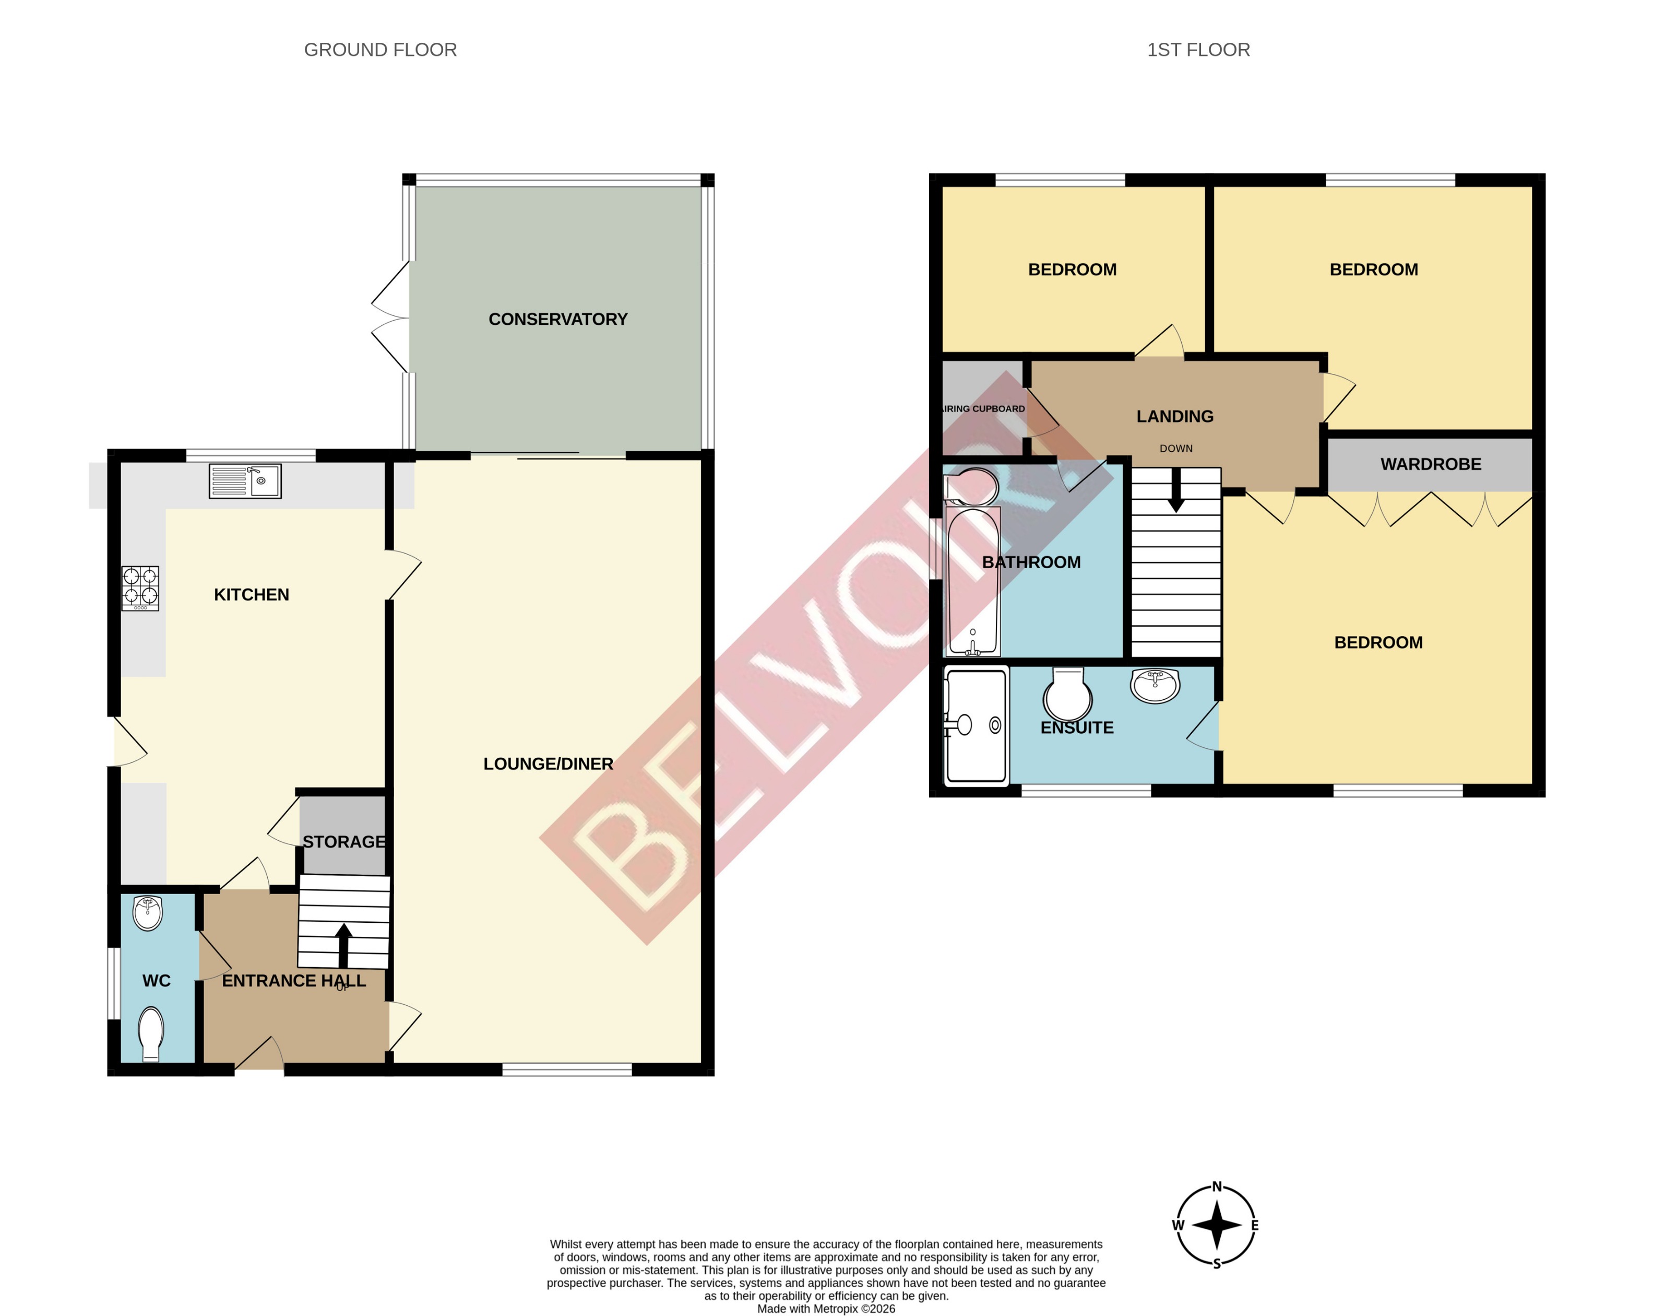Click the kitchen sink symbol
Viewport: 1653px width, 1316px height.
(245, 481)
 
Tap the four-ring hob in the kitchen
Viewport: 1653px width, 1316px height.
(140, 588)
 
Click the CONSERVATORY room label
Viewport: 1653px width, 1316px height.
(557, 319)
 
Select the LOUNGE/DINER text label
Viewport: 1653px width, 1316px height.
(548, 764)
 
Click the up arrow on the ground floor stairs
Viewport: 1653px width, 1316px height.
(343, 943)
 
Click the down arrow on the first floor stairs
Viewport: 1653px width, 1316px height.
(1175, 491)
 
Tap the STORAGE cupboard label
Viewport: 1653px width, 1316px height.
(343, 842)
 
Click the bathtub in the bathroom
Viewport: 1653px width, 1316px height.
(973, 583)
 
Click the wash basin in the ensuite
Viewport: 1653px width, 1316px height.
(1155, 684)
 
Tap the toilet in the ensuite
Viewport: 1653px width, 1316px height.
(1068, 694)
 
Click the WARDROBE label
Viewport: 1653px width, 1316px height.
(1431, 464)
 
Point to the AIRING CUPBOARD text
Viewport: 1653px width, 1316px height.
(983, 409)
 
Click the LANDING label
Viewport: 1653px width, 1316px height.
(1174, 416)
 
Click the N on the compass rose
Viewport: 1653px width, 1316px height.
(1217, 1186)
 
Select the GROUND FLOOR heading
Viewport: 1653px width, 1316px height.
(380, 50)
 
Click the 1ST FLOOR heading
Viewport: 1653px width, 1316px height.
(1198, 50)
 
